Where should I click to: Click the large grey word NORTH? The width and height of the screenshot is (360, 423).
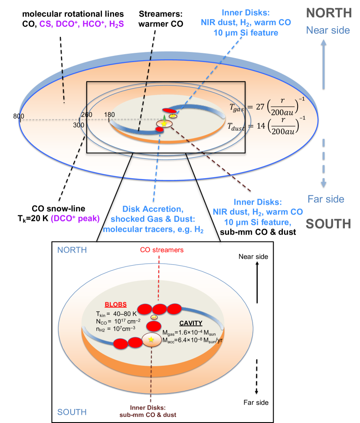point(328,13)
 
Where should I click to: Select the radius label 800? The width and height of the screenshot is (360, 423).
point(18,116)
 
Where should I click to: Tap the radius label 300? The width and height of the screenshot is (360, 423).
point(78,125)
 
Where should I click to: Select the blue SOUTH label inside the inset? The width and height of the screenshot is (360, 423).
point(72,411)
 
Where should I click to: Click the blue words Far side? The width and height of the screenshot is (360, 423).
point(326,199)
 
